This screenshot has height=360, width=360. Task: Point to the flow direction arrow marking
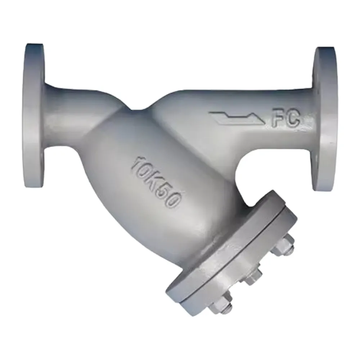click(x=238, y=118)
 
